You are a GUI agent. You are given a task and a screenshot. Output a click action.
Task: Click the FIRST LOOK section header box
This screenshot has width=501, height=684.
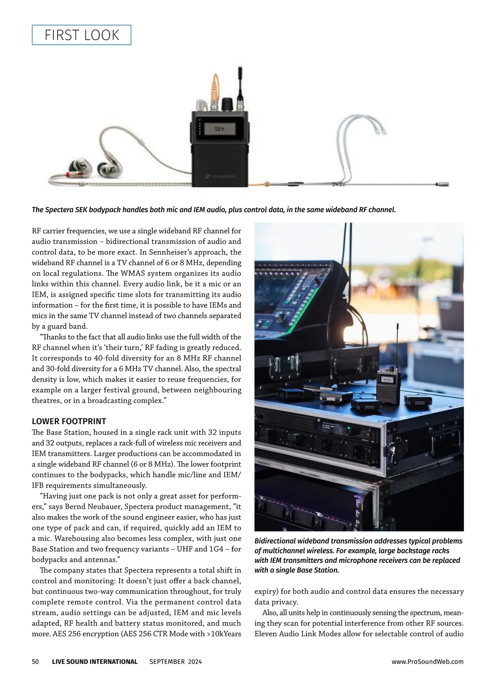tap(81, 35)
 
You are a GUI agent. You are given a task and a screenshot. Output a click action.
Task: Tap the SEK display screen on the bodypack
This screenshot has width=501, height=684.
tap(219, 129)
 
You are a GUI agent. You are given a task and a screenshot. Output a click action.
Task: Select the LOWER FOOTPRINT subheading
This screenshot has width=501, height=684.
tap(69, 421)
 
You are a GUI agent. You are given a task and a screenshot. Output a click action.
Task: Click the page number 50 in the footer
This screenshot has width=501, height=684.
tap(35, 661)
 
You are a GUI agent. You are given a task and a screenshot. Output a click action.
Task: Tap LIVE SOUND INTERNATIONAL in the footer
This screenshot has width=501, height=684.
tap(95, 661)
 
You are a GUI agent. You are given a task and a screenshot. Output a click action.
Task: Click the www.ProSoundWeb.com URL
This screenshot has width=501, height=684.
tap(428, 661)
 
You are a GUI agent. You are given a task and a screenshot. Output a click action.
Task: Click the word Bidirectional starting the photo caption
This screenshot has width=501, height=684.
tap(275, 541)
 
